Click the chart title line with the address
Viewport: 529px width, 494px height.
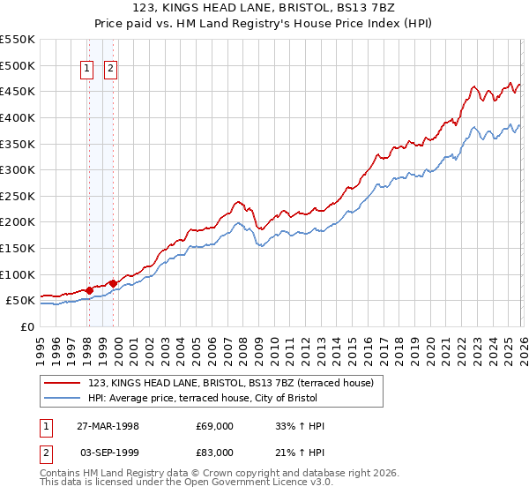[x=264, y=8]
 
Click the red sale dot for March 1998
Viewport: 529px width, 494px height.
[x=90, y=290]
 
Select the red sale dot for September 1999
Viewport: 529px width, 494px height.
[x=113, y=283]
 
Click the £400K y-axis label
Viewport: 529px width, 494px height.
[x=18, y=117]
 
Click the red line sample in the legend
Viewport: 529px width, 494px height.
[x=63, y=383]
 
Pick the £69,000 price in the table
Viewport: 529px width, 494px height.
[x=214, y=425]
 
